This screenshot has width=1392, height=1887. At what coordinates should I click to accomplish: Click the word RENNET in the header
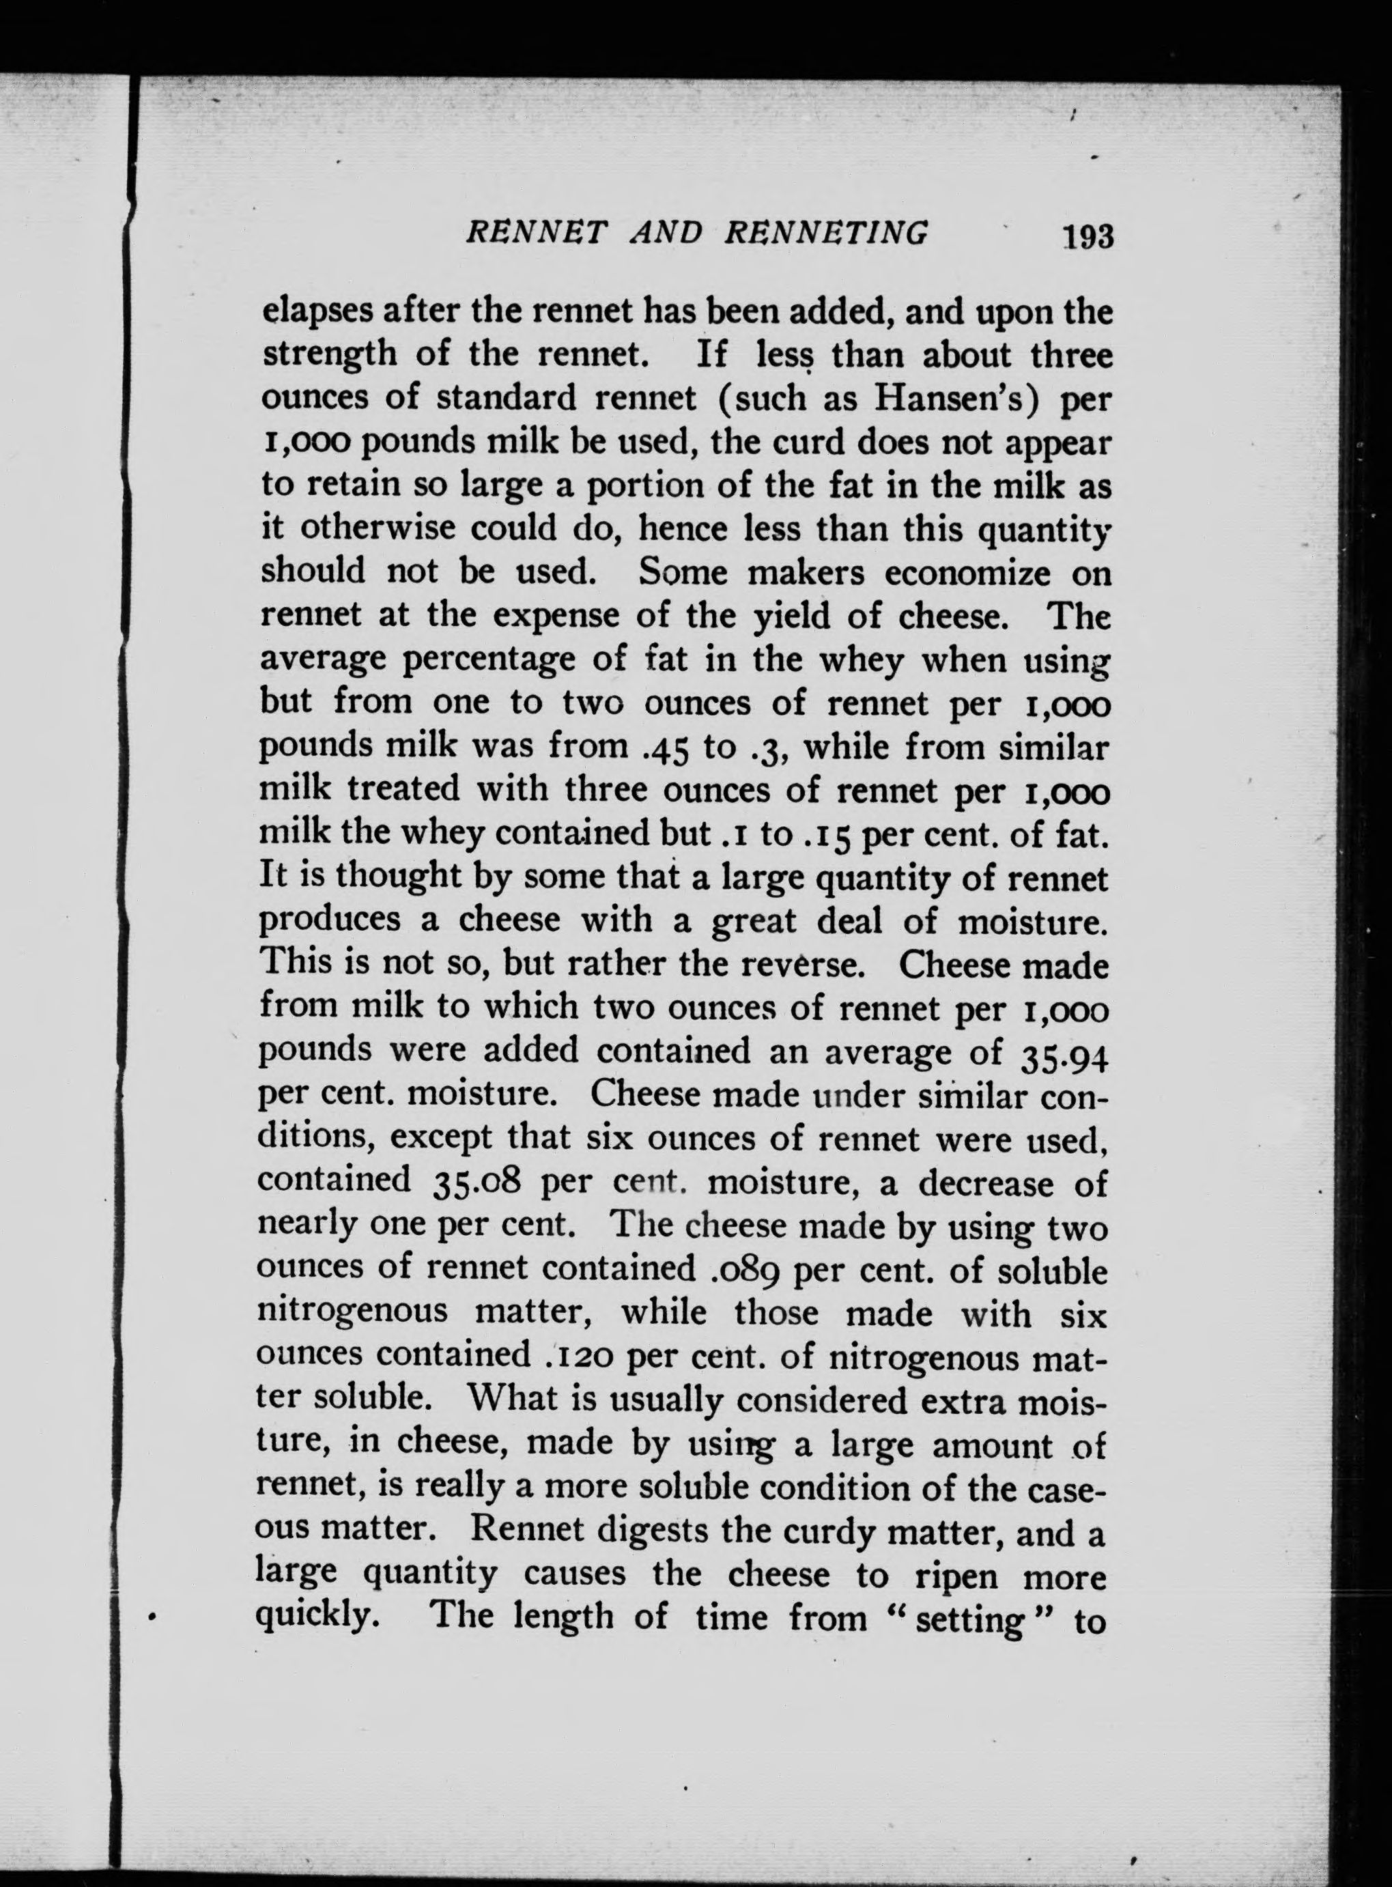tap(536, 233)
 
